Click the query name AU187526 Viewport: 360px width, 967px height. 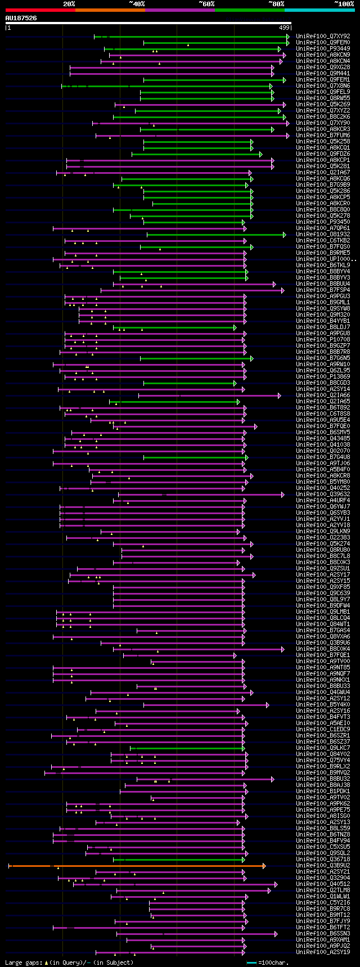(x=21, y=18)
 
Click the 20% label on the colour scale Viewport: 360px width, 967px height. (x=69, y=4)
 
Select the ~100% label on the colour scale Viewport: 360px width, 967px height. (x=344, y=4)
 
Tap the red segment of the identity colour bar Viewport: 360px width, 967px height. (x=40, y=10)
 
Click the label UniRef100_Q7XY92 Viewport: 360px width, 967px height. (x=323, y=36)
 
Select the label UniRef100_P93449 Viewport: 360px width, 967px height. (x=323, y=48)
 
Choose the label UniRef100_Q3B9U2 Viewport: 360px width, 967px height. (x=323, y=865)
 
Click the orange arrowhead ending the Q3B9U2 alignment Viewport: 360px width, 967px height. (x=264, y=866)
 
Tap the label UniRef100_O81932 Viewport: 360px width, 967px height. (x=323, y=234)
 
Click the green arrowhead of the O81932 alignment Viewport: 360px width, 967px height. (x=285, y=235)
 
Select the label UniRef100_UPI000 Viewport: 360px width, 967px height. (x=323, y=259)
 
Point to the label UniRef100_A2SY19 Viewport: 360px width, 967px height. (x=323, y=952)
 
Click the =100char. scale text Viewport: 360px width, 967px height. (x=274, y=962)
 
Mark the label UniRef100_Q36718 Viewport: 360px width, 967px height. (x=323, y=859)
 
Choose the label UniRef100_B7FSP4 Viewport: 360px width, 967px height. (x=323, y=290)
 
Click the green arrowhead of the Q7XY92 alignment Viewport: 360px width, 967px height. (x=288, y=37)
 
